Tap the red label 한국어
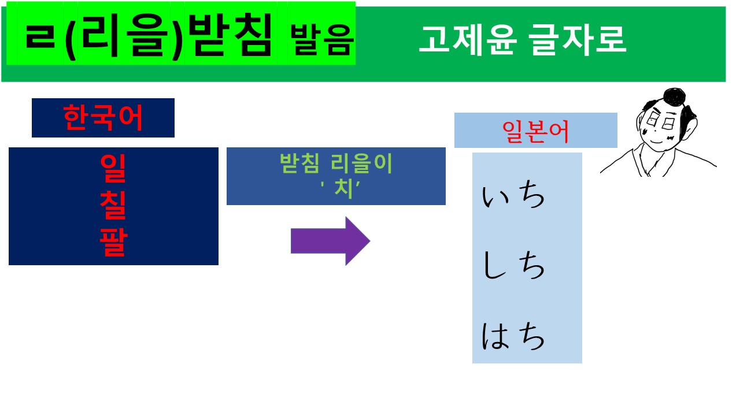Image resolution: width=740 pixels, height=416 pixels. pos(103,118)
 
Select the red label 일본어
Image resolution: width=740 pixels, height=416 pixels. pos(535,131)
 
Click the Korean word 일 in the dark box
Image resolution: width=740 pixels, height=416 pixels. pos(113,167)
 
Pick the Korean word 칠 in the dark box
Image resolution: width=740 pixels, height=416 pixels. pos(113,205)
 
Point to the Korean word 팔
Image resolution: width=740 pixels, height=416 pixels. pos(113,243)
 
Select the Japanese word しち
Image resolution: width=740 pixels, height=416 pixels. pos(513,267)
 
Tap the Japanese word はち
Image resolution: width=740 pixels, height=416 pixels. pos(513,337)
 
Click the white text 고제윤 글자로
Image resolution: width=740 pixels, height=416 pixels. pos(522,39)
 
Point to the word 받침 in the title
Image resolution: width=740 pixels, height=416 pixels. pos(231,36)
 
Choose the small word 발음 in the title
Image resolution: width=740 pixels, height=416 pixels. pos(322,40)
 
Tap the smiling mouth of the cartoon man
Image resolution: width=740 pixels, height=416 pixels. pos(656,142)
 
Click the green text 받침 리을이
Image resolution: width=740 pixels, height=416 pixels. pos(336,164)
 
